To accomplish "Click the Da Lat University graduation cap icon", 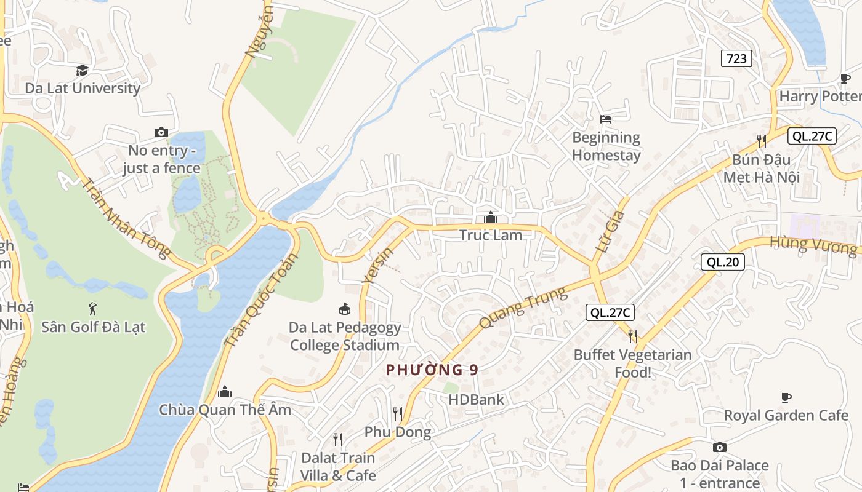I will (x=82, y=70).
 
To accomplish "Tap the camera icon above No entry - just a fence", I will (x=161, y=132).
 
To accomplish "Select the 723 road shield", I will (x=736, y=58).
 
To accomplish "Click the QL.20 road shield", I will (x=722, y=262).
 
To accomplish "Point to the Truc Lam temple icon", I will (x=491, y=217).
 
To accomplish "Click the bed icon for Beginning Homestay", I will (x=606, y=119).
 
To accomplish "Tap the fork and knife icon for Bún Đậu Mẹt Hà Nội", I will (x=762, y=141).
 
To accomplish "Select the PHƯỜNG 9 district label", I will (x=432, y=370).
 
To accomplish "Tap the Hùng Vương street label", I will (x=813, y=245).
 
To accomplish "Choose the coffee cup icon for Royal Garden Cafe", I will (x=786, y=397).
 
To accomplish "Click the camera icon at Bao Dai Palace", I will (x=719, y=447).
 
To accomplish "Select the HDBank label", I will (x=476, y=400).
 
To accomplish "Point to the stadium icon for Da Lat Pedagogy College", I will (x=345, y=309).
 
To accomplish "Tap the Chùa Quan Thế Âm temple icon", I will (x=225, y=392).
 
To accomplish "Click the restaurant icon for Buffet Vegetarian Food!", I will (x=632, y=336).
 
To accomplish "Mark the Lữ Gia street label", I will (x=610, y=232).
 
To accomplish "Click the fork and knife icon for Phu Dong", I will (x=398, y=414).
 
